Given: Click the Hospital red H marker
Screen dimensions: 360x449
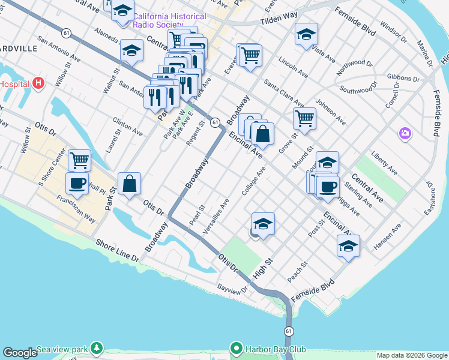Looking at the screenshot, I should point(39,83).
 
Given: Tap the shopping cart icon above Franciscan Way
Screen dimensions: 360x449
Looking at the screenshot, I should point(79,160).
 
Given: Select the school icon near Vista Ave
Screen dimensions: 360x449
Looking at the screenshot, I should point(306,34).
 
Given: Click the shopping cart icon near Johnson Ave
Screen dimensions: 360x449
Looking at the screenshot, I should point(305,118).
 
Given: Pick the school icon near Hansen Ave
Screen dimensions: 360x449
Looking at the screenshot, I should point(348,246).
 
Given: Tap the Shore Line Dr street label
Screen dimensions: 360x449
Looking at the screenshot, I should point(118,250).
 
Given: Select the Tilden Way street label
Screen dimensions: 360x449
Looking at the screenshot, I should point(279,20).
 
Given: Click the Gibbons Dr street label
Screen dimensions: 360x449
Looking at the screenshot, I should point(403,78).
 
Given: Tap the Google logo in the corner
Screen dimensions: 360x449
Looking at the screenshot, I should point(20,353).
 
